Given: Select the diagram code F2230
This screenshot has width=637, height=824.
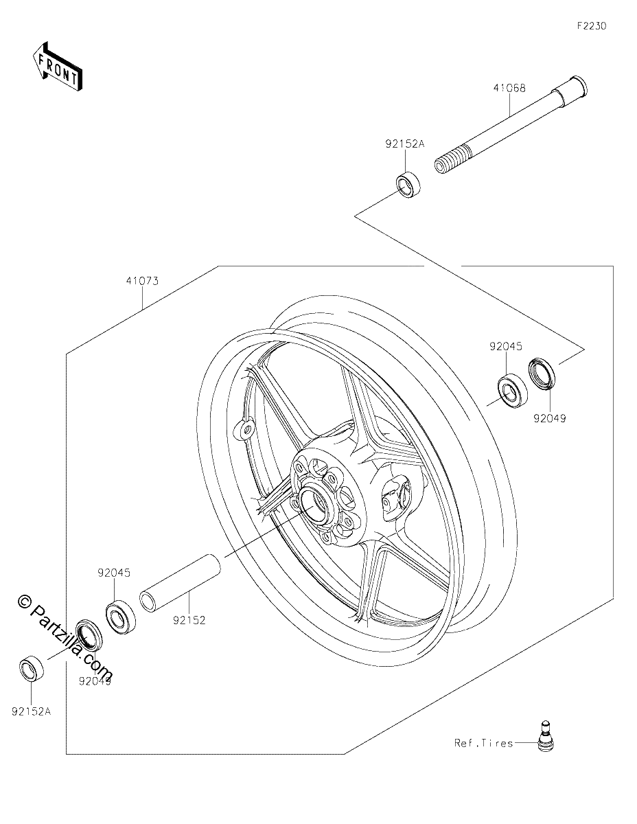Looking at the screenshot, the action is click(x=592, y=26).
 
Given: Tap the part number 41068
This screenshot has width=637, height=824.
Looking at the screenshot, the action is click(x=509, y=88).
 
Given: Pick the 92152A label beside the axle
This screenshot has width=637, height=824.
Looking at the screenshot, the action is click(x=405, y=144).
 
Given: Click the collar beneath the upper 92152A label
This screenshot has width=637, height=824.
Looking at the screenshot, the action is click(x=408, y=185).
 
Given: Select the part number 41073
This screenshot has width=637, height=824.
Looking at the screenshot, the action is click(x=142, y=281).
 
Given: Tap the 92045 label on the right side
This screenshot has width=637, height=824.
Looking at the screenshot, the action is click(x=505, y=346).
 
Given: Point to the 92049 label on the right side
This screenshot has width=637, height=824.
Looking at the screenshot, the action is click(x=549, y=419).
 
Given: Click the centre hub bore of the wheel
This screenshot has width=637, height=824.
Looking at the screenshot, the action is click(x=311, y=506).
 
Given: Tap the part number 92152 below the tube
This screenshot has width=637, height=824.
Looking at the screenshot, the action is click(x=189, y=620).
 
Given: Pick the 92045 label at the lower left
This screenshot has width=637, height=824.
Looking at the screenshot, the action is click(x=114, y=573).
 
